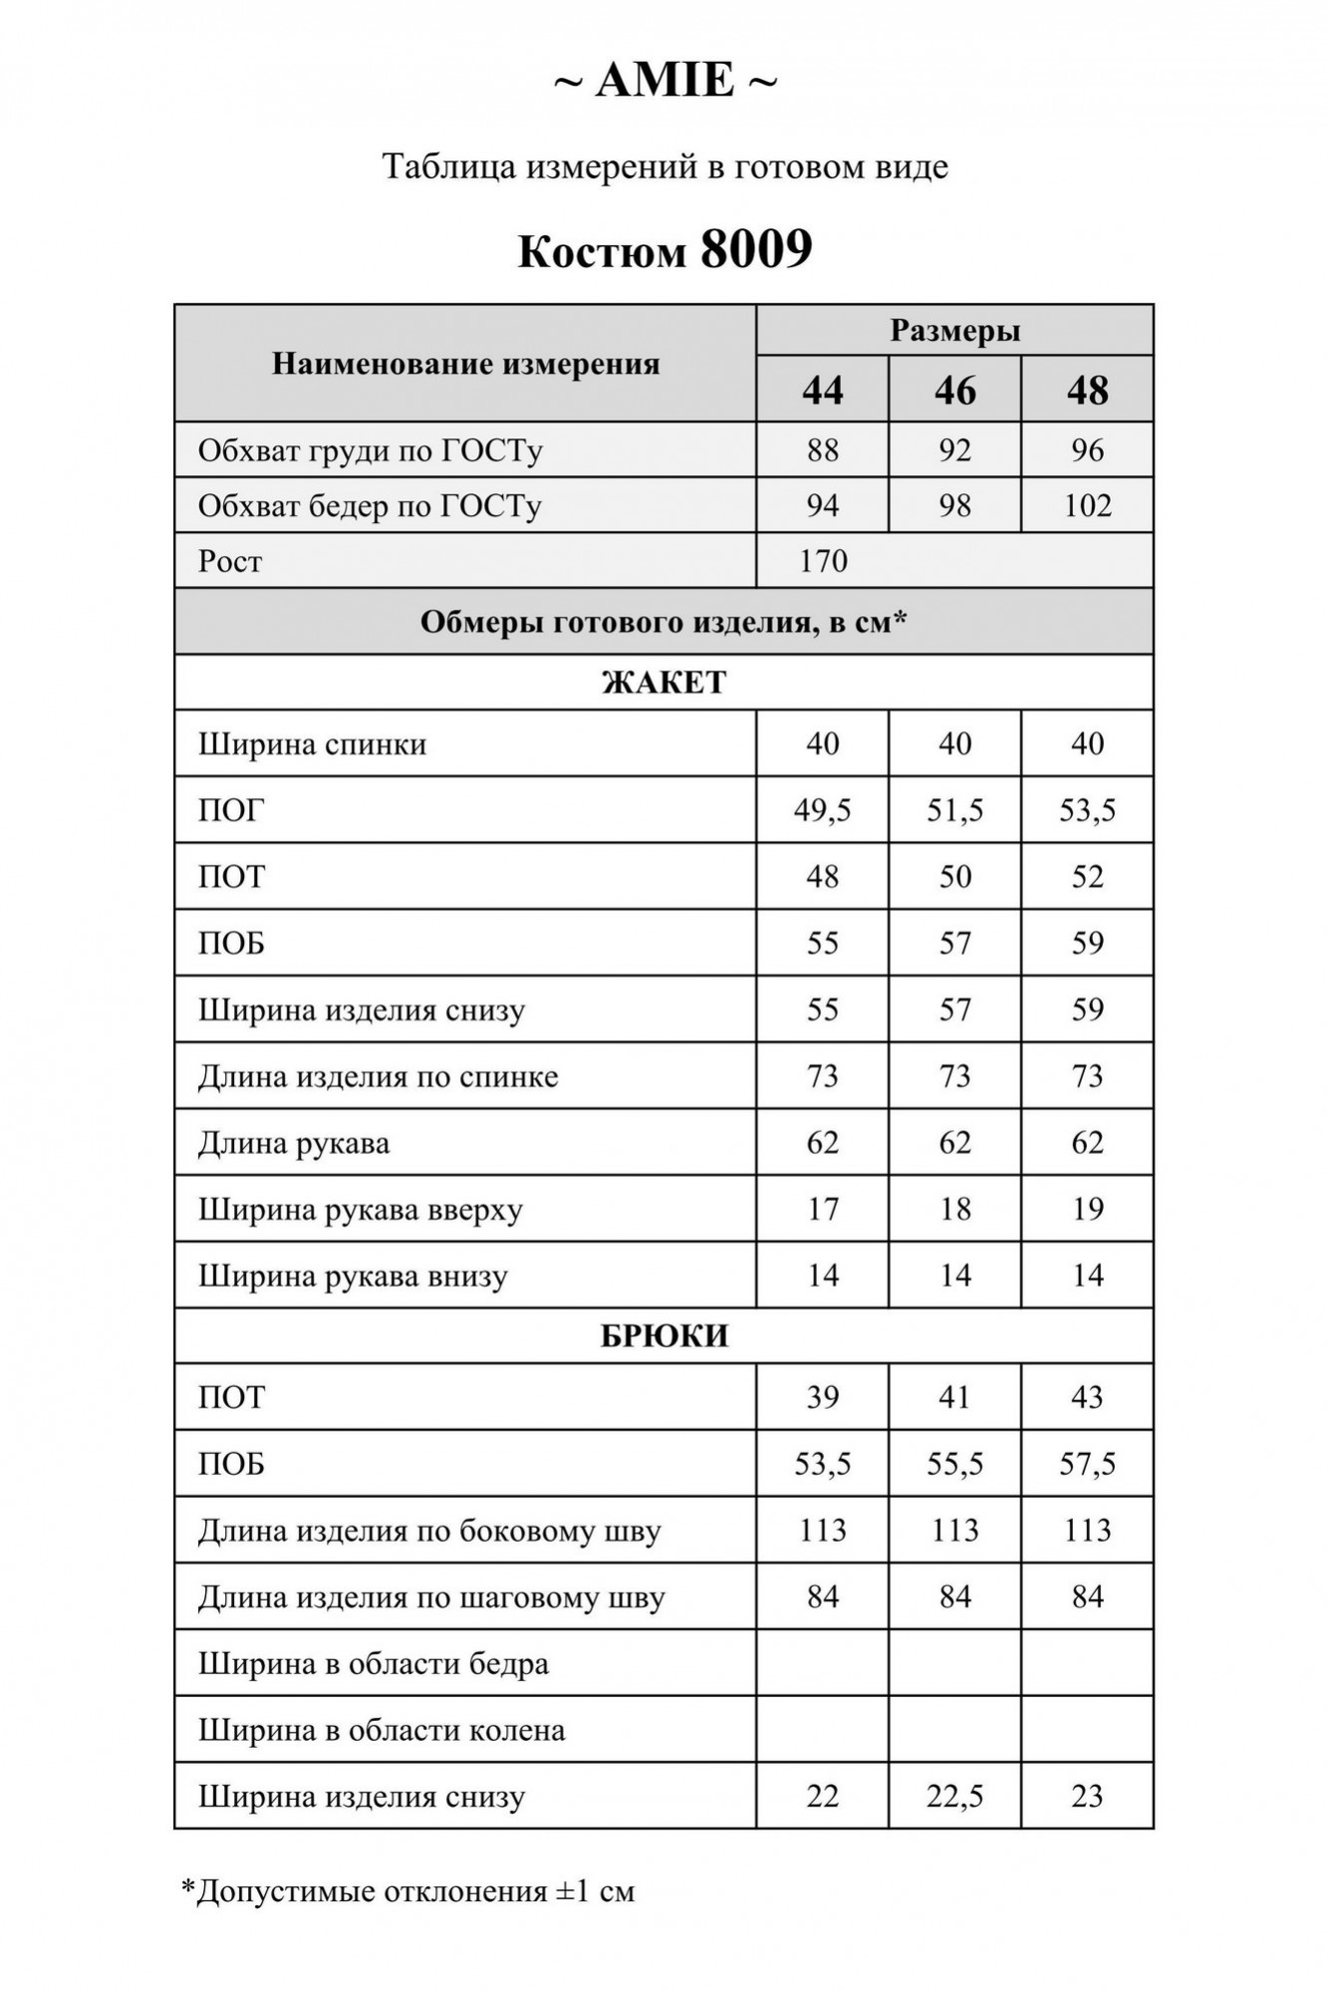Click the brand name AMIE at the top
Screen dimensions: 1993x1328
[x=664, y=81]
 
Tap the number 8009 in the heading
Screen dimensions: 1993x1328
[x=756, y=249]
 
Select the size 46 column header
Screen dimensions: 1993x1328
[x=954, y=390]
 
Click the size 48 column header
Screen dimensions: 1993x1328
[x=1087, y=390]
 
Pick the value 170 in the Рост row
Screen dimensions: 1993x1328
[x=823, y=561]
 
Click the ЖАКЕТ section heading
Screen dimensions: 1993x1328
[x=664, y=683]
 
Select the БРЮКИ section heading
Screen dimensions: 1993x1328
[x=664, y=1336]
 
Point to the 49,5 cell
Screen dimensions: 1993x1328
[x=823, y=810]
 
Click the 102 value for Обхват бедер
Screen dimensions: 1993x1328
[x=1087, y=506]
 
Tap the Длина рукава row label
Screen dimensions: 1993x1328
[x=294, y=1143]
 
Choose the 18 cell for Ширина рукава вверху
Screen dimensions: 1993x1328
[x=954, y=1209]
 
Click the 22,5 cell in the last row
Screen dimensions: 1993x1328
[x=954, y=1796]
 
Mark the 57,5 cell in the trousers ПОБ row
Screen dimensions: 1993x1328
[x=1087, y=1464]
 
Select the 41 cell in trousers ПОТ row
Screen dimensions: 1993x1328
[x=954, y=1397]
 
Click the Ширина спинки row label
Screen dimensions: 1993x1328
[x=313, y=744]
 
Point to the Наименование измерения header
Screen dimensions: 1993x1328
[x=465, y=365]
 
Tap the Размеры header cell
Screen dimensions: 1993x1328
[x=954, y=331]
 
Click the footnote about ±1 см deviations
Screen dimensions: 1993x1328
[x=407, y=1891]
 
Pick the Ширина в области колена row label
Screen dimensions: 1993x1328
[x=382, y=1730]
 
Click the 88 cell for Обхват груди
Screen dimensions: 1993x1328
[x=823, y=450]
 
